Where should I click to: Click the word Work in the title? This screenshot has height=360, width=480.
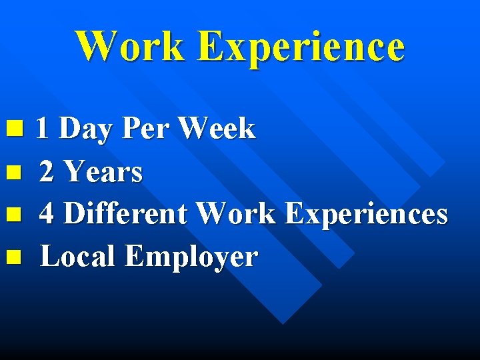click(131, 47)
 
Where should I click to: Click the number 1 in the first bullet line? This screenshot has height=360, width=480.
click(42, 129)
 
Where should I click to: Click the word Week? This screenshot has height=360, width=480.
click(217, 129)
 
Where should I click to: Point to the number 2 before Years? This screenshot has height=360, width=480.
click(47, 172)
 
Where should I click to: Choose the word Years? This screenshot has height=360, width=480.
click(103, 172)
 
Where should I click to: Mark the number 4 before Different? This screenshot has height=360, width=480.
click(47, 214)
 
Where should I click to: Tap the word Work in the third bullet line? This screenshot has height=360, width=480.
click(237, 214)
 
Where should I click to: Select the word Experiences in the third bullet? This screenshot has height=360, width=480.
click(366, 215)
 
